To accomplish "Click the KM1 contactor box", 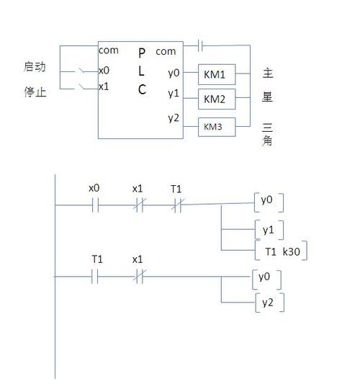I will pyautogui.click(x=215, y=73).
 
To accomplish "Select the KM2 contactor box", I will pyautogui.click(x=215, y=98).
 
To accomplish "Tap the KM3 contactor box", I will pyautogui.click(x=213, y=127).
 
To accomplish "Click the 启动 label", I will pyautogui.click(x=35, y=67).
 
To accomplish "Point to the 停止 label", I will pyautogui.click(x=35, y=91).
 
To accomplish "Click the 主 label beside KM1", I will pyautogui.click(x=268, y=73).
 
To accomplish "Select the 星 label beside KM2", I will pyautogui.click(x=268, y=97).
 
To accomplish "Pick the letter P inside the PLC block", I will pyautogui.click(x=142, y=53).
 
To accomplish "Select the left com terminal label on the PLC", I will pyautogui.click(x=109, y=50).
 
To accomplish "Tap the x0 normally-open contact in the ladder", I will pyautogui.click(x=94, y=205).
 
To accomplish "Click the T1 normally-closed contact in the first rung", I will pyautogui.click(x=176, y=205).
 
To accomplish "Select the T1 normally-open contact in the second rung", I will pyautogui.click(x=94, y=277).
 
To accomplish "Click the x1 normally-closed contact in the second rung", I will pyautogui.click(x=138, y=277).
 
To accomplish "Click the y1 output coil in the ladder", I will pyautogui.click(x=269, y=230).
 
